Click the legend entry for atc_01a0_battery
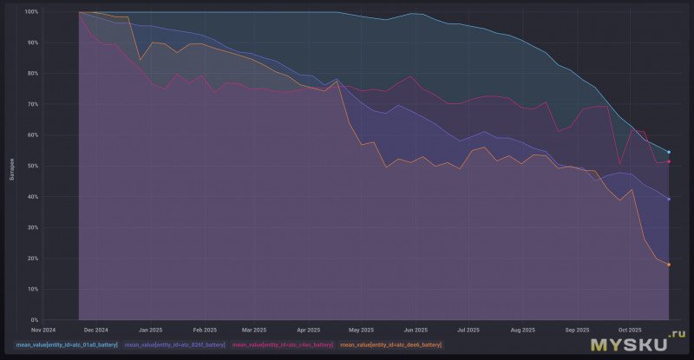tap(66, 345)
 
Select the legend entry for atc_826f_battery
tap(174, 345)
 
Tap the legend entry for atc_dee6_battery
tap(390, 345)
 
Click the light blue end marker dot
tap(669, 152)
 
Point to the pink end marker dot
tap(669, 161)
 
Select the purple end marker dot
tap(669, 200)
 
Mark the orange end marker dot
tap(669, 265)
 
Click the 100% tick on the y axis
tap(30, 12)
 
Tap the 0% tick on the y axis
tap(34, 319)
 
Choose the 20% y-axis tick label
tap(32, 258)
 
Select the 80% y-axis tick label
tap(32, 74)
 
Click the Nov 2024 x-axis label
tap(43, 330)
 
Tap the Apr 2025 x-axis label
tap(309, 330)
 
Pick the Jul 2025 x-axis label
tap(468, 330)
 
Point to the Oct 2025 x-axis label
tap(629, 330)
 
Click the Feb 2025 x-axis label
tap(204, 330)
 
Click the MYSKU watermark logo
tap(638, 344)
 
